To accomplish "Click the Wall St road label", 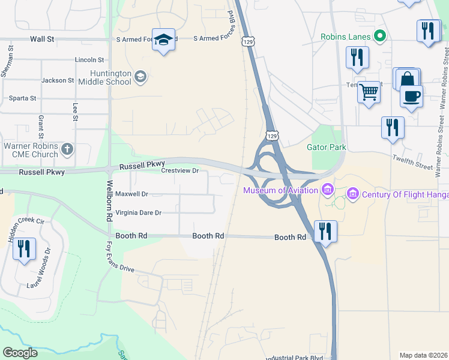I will click(x=42, y=39).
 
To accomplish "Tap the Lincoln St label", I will click(x=89, y=60).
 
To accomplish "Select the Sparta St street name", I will click(x=22, y=98).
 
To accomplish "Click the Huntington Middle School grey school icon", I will click(x=140, y=76).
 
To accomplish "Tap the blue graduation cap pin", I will click(x=163, y=40).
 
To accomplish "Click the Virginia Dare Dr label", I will click(x=139, y=213).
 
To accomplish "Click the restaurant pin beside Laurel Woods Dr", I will click(x=24, y=248).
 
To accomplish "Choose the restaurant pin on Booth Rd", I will click(x=325, y=231).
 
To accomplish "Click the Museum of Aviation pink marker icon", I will click(x=327, y=191).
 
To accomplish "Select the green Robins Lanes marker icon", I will click(x=379, y=36).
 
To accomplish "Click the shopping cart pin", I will click(x=369, y=92).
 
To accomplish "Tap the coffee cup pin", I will click(x=411, y=96).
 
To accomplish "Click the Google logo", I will click(x=20, y=353).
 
